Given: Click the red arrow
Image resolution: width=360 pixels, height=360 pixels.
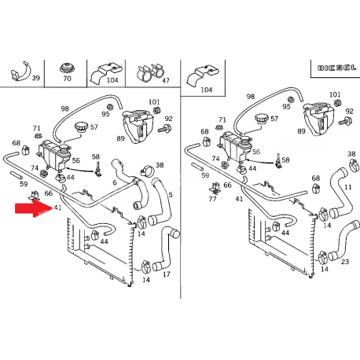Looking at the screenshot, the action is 34,208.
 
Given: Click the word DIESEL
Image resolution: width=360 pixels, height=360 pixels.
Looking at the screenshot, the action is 337,68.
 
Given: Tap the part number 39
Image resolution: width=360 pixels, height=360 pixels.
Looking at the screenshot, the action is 36,78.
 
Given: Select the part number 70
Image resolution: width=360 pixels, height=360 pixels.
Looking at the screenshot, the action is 67,79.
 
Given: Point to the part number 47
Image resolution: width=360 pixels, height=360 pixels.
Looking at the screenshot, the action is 166,80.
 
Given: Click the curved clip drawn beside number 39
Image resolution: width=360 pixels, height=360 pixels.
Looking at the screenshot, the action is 20,72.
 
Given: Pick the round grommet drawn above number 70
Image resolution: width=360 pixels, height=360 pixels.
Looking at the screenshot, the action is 67,68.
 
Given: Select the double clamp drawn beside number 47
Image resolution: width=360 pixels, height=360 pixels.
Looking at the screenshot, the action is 150,72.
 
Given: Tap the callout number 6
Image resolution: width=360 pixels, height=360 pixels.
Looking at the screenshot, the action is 115,182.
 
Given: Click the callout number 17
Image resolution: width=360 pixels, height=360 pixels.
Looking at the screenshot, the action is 167,274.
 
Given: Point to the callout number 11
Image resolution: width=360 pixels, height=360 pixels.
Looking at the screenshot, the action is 348,187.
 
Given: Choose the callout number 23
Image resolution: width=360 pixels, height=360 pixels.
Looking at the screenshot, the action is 345,262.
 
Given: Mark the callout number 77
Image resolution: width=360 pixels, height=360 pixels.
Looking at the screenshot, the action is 212,199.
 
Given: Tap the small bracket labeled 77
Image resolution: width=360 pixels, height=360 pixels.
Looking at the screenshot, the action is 215,188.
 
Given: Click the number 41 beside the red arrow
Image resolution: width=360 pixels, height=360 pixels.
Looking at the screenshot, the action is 57,208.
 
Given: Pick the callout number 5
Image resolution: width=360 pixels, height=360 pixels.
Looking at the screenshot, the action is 171,195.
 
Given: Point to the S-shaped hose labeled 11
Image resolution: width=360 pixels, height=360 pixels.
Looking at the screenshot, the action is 340,194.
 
